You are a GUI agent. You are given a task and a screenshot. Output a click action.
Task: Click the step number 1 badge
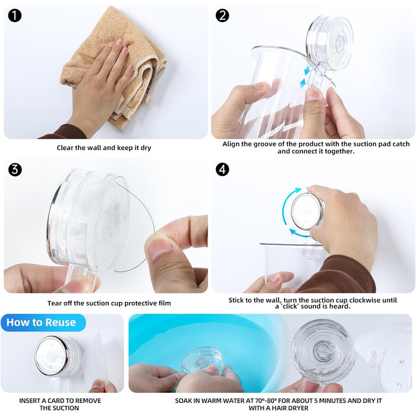point(15,15)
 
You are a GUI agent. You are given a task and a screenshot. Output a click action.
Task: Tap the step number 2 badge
point(222,15)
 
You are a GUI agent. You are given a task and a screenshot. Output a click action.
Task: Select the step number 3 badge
point(15,169)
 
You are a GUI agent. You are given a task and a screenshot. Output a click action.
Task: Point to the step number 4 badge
point(222,169)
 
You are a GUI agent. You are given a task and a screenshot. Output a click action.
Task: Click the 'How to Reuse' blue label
point(42,322)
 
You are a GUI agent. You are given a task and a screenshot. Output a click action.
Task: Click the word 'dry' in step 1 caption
point(146,148)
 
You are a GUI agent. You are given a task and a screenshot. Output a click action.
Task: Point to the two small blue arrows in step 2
point(304,77)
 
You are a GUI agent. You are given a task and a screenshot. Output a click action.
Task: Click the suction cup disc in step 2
point(330,42)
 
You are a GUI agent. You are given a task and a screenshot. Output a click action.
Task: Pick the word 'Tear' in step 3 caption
point(54,303)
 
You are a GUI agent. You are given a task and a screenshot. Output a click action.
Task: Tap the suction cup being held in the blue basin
point(201,361)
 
